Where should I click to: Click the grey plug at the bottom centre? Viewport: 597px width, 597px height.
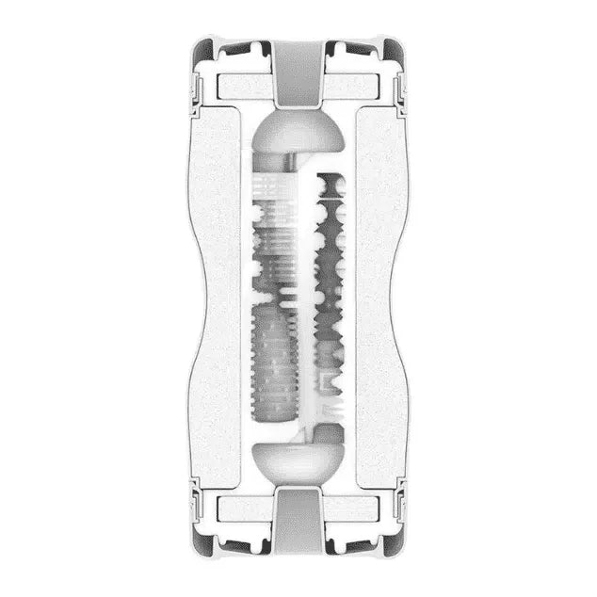pos(298,523)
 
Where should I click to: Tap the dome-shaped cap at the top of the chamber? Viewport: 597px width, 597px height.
pos(299,132)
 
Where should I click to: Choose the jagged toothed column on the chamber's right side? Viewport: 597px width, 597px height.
pos(330,282)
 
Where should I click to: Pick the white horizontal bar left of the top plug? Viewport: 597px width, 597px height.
pos(243,89)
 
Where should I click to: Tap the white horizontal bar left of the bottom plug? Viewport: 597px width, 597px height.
pos(243,508)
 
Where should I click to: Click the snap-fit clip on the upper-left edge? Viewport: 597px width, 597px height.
pos(194,89)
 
